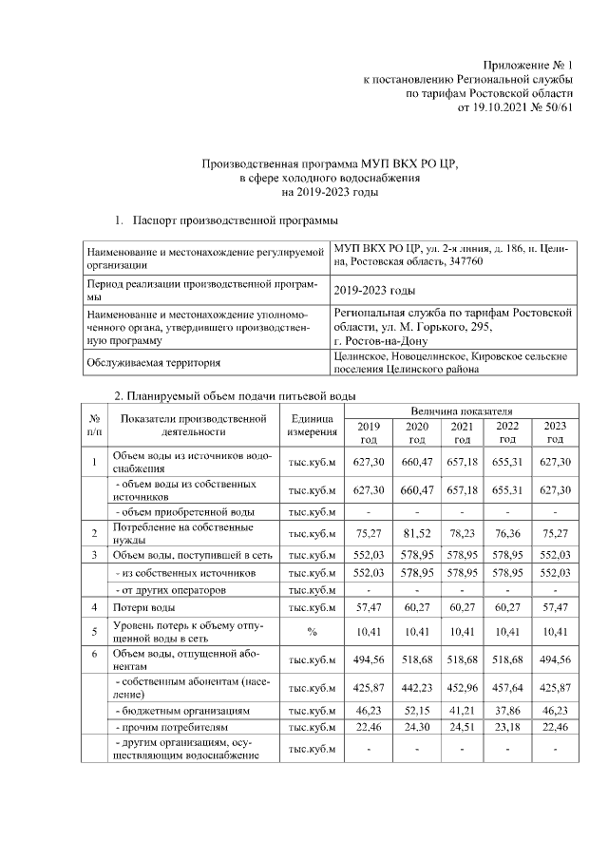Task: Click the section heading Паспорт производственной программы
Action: click(235, 221)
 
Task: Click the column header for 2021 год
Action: click(462, 432)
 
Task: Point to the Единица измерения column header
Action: click(312, 425)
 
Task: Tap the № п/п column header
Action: click(95, 425)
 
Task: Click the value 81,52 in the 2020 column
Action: click(416, 534)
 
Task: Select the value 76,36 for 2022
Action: click(507, 534)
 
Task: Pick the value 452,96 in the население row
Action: click(462, 687)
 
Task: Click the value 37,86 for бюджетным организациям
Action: click(507, 711)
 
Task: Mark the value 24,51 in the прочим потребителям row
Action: click(462, 729)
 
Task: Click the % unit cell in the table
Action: click(312, 632)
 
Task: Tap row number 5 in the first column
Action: click(95, 632)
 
